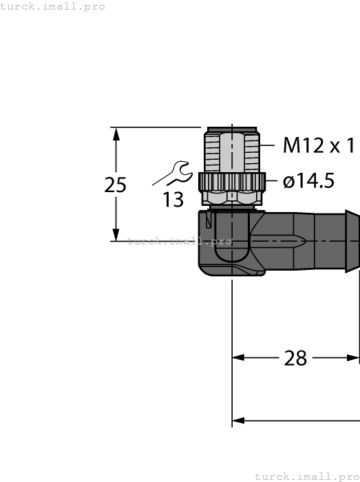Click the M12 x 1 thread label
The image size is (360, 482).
319,145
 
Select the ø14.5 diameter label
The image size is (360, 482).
308,181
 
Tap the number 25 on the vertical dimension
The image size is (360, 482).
116,185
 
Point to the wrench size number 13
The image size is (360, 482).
173,200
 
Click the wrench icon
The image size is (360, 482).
171,173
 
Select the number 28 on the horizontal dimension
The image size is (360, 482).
295,358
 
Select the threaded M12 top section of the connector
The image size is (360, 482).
232,151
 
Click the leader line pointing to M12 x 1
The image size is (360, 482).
270,145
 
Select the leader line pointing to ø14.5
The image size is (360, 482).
273,182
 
